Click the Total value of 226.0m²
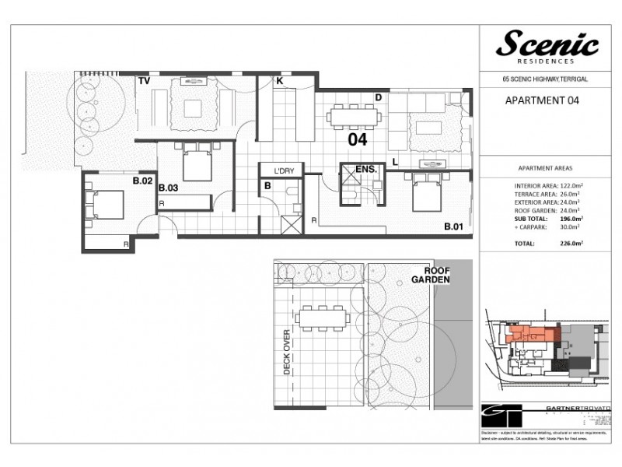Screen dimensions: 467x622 [571, 243]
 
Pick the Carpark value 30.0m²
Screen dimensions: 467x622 [571, 230]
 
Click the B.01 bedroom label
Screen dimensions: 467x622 [454, 227]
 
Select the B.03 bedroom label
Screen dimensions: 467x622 [169, 188]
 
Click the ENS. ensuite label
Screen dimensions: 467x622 [366, 169]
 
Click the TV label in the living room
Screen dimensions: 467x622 [144, 80]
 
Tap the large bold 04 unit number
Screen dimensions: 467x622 [357, 141]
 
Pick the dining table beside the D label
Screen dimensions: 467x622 [353, 118]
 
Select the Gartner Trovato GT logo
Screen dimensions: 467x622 [498, 413]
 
